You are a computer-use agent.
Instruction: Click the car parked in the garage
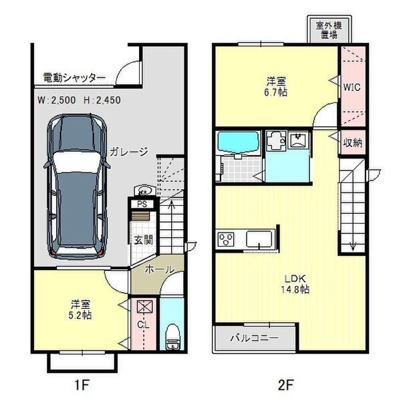click(77, 186)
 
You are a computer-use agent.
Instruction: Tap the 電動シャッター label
click(74, 78)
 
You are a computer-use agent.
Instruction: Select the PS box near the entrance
click(142, 205)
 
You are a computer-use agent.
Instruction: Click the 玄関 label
click(144, 240)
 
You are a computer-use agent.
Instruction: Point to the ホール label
click(160, 269)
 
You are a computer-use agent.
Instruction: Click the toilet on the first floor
click(172, 337)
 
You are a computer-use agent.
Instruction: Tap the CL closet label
click(143, 325)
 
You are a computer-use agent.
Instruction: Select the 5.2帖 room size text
click(80, 315)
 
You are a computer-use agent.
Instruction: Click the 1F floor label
click(82, 384)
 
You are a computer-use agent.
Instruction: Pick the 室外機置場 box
click(329, 29)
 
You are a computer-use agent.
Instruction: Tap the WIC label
click(352, 87)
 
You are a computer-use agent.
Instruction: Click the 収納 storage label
click(353, 143)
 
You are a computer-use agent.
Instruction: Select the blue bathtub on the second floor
click(238, 143)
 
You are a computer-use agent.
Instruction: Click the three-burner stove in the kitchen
click(226, 239)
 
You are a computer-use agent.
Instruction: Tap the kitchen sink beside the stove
click(259, 239)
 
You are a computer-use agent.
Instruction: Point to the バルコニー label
click(255, 338)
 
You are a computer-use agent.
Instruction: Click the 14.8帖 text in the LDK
click(295, 289)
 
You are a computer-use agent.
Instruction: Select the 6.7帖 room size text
click(276, 92)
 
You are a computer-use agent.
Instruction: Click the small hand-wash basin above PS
click(144, 190)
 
